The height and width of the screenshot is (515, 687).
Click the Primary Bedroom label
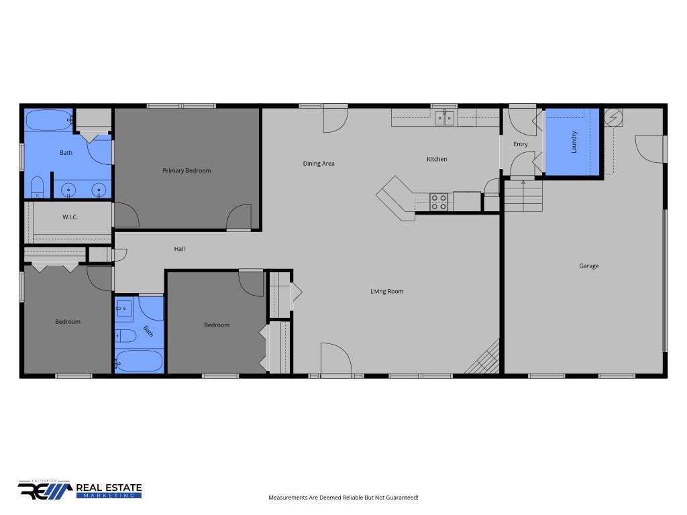pos(187,171)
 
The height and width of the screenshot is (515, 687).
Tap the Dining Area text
pos(319,164)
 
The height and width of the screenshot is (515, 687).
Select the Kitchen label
pos(437,159)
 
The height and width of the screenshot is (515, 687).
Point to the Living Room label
pos(387,291)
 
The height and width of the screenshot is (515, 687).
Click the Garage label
pos(589,266)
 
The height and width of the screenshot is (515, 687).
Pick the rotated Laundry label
pos(574,142)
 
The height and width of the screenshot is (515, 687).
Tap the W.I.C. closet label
pos(70,217)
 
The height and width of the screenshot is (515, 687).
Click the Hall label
pos(179,249)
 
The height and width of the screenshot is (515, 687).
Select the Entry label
pos(521,144)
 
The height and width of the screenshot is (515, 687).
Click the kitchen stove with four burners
pos(439,202)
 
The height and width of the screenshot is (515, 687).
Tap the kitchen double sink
pos(444,118)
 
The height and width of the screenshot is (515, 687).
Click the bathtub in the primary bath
pos(48,120)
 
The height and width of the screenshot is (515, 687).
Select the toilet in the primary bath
pos(38,187)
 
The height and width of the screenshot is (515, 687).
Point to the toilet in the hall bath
pos(125,336)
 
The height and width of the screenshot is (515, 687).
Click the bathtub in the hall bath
pos(139,361)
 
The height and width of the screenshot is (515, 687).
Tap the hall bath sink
pos(124,308)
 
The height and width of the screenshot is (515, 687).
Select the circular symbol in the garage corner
pos(613,117)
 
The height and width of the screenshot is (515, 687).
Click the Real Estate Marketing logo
pos(80,490)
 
